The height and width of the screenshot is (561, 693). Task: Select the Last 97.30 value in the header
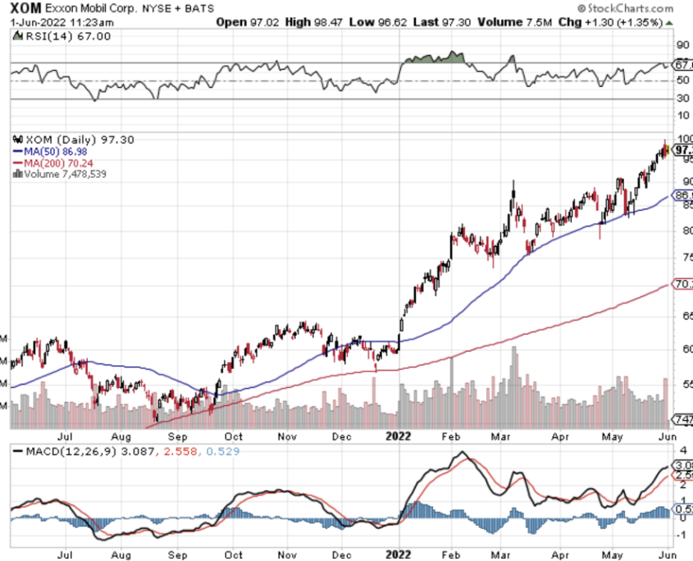click(x=436, y=21)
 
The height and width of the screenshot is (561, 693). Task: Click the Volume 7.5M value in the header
click(x=513, y=21)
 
